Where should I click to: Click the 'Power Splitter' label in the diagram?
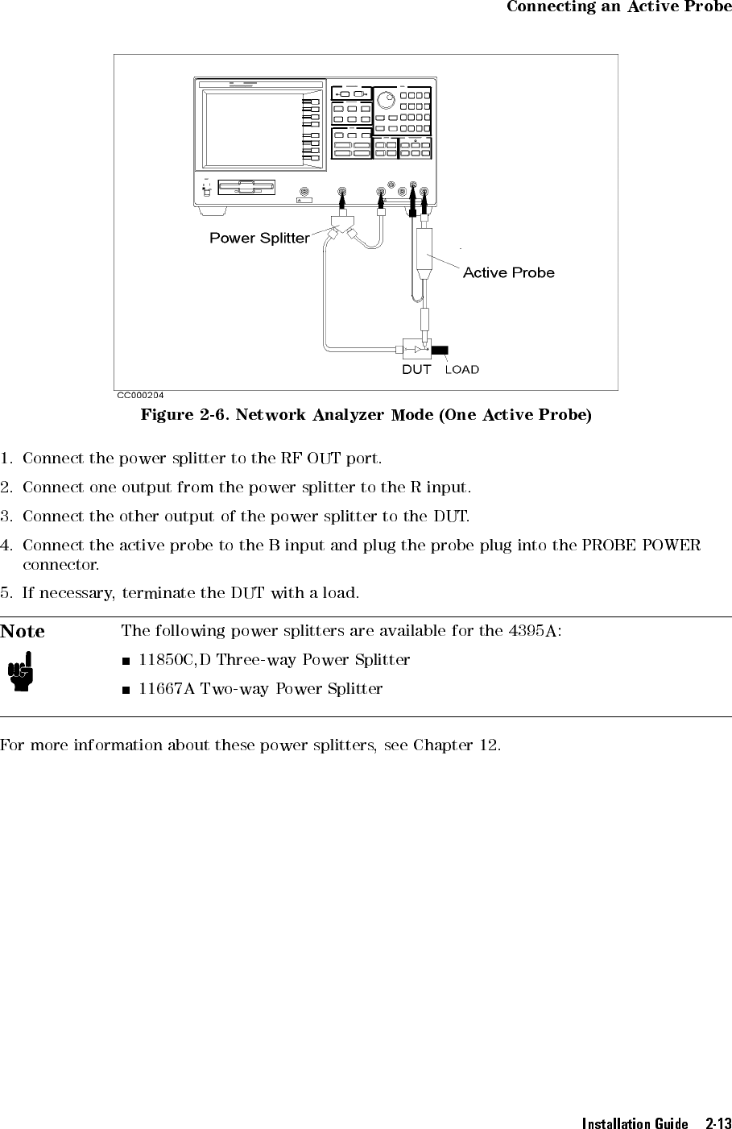[259, 238]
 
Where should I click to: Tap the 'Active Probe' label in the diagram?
[508, 272]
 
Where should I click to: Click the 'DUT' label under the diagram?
[416, 369]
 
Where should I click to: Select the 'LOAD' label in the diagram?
[462, 369]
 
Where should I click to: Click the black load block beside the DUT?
[441, 350]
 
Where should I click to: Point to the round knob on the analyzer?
[389, 100]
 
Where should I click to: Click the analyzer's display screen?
[252, 129]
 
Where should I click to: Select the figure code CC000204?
[141, 395]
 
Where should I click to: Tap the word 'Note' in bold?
[23, 631]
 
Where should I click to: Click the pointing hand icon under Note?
[19, 674]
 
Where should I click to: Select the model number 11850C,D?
[175, 660]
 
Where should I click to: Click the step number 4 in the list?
[6, 546]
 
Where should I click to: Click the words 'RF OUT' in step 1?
[309, 459]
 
